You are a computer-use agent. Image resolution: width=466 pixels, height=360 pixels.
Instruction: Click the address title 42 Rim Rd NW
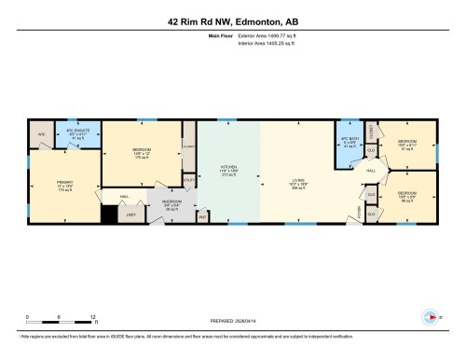233,21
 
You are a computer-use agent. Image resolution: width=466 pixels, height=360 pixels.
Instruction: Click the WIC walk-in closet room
42,134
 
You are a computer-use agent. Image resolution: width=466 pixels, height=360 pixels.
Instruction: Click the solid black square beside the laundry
110,214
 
